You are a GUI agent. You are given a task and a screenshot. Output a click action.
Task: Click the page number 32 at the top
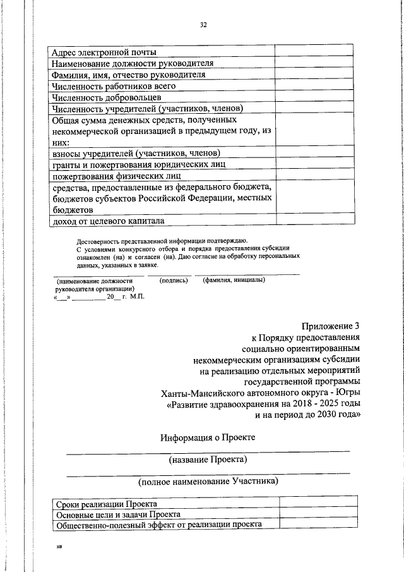(x=203, y=25)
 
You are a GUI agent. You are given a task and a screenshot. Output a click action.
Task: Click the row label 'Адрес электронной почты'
(x=104, y=52)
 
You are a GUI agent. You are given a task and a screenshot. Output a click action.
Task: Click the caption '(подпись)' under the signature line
(x=174, y=281)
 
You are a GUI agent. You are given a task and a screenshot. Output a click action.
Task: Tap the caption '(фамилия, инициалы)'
(x=234, y=281)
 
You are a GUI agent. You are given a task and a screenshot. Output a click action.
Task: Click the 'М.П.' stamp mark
(x=137, y=296)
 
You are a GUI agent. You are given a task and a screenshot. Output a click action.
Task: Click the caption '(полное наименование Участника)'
(x=208, y=482)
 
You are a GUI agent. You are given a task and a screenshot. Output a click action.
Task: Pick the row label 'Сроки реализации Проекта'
(x=107, y=504)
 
